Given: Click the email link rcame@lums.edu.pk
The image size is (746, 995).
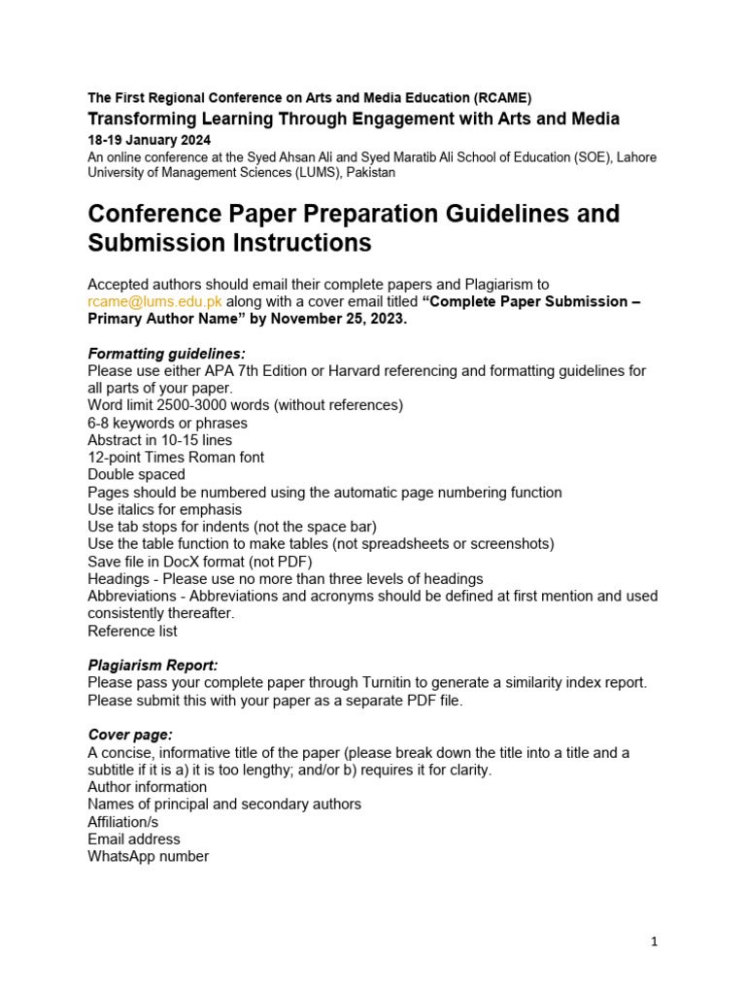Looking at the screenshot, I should click(x=154, y=301).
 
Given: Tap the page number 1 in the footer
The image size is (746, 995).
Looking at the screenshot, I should click(x=655, y=942).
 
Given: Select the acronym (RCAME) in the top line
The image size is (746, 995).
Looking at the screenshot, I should click(x=503, y=98).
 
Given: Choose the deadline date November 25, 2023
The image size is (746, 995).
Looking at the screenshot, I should click(x=334, y=319).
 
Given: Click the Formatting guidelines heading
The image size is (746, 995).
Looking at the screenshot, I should click(x=166, y=353).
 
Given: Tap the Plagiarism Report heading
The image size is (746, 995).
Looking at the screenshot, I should click(x=153, y=665).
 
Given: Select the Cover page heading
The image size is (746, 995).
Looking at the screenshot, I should click(x=130, y=735).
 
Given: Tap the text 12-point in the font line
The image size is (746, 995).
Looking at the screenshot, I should click(x=115, y=457).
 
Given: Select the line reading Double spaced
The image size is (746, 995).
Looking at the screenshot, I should click(x=136, y=474).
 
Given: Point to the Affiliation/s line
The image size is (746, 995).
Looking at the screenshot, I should click(x=123, y=821).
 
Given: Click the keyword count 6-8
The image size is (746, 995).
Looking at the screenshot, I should click(x=99, y=423).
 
